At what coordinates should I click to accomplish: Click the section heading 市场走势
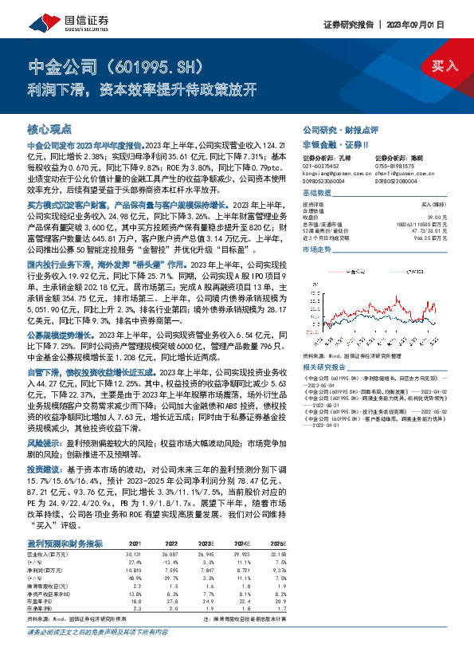click(x=316, y=249)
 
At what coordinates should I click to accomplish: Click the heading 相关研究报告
click(x=325, y=345)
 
